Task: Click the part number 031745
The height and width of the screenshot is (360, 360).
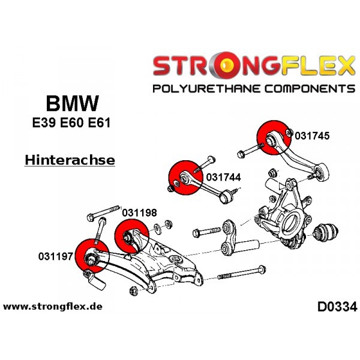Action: point(312,136)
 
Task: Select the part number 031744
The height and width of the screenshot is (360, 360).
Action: point(223,177)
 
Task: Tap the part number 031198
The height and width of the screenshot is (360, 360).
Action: point(139,213)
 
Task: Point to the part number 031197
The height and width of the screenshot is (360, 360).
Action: point(56,256)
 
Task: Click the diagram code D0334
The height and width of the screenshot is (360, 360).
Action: point(337,307)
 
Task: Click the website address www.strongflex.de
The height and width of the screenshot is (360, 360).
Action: point(53,307)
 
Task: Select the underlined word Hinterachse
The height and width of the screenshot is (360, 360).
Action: point(70,160)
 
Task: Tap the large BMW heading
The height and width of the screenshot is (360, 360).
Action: point(73,103)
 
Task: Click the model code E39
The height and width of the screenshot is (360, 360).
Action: point(44,122)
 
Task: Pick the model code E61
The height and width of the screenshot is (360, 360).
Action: point(100,122)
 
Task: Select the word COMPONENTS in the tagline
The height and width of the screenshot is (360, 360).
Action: point(310,88)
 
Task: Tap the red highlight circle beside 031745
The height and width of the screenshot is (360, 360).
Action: point(274,137)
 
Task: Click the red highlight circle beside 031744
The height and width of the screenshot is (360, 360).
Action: point(185,178)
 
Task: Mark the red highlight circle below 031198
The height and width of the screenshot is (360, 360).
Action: point(132,236)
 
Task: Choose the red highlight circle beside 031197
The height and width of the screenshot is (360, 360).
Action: point(92,256)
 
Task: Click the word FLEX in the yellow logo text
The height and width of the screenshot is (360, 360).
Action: point(319,65)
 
